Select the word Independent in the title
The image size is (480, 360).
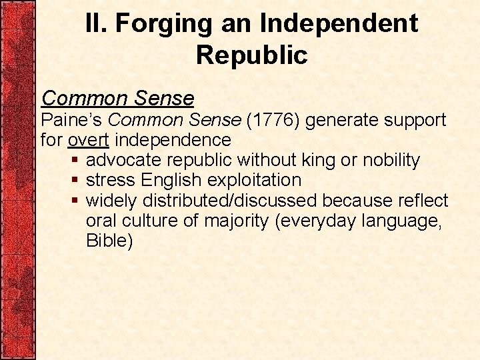(339, 24)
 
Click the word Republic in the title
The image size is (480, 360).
(251, 55)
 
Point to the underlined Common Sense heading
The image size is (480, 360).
(117, 99)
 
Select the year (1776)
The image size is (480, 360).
(270, 121)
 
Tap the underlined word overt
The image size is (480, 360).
(89, 141)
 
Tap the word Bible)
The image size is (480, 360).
(109, 241)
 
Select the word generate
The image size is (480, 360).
(341, 121)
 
